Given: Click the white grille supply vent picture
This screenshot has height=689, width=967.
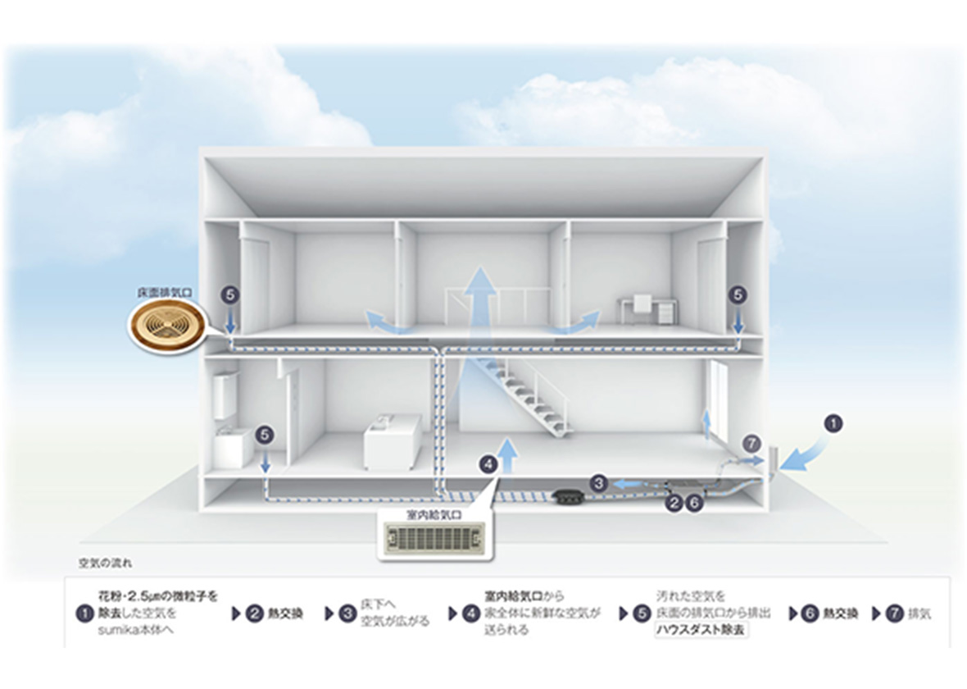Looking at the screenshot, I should [x=434, y=541].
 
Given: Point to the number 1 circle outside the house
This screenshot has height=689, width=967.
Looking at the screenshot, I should [x=833, y=424].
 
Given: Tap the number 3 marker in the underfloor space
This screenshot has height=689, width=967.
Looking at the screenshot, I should [x=599, y=483].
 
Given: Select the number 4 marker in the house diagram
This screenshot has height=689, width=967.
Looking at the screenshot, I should [x=488, y=464].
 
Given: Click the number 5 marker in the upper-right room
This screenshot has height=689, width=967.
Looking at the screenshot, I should [x=738, y=293].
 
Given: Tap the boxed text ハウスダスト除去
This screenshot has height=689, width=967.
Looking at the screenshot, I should [x=701, y=631].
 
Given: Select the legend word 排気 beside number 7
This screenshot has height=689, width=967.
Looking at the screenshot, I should [x=920, y=614].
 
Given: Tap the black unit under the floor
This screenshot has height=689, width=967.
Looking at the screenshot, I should [x=566, y=496].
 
